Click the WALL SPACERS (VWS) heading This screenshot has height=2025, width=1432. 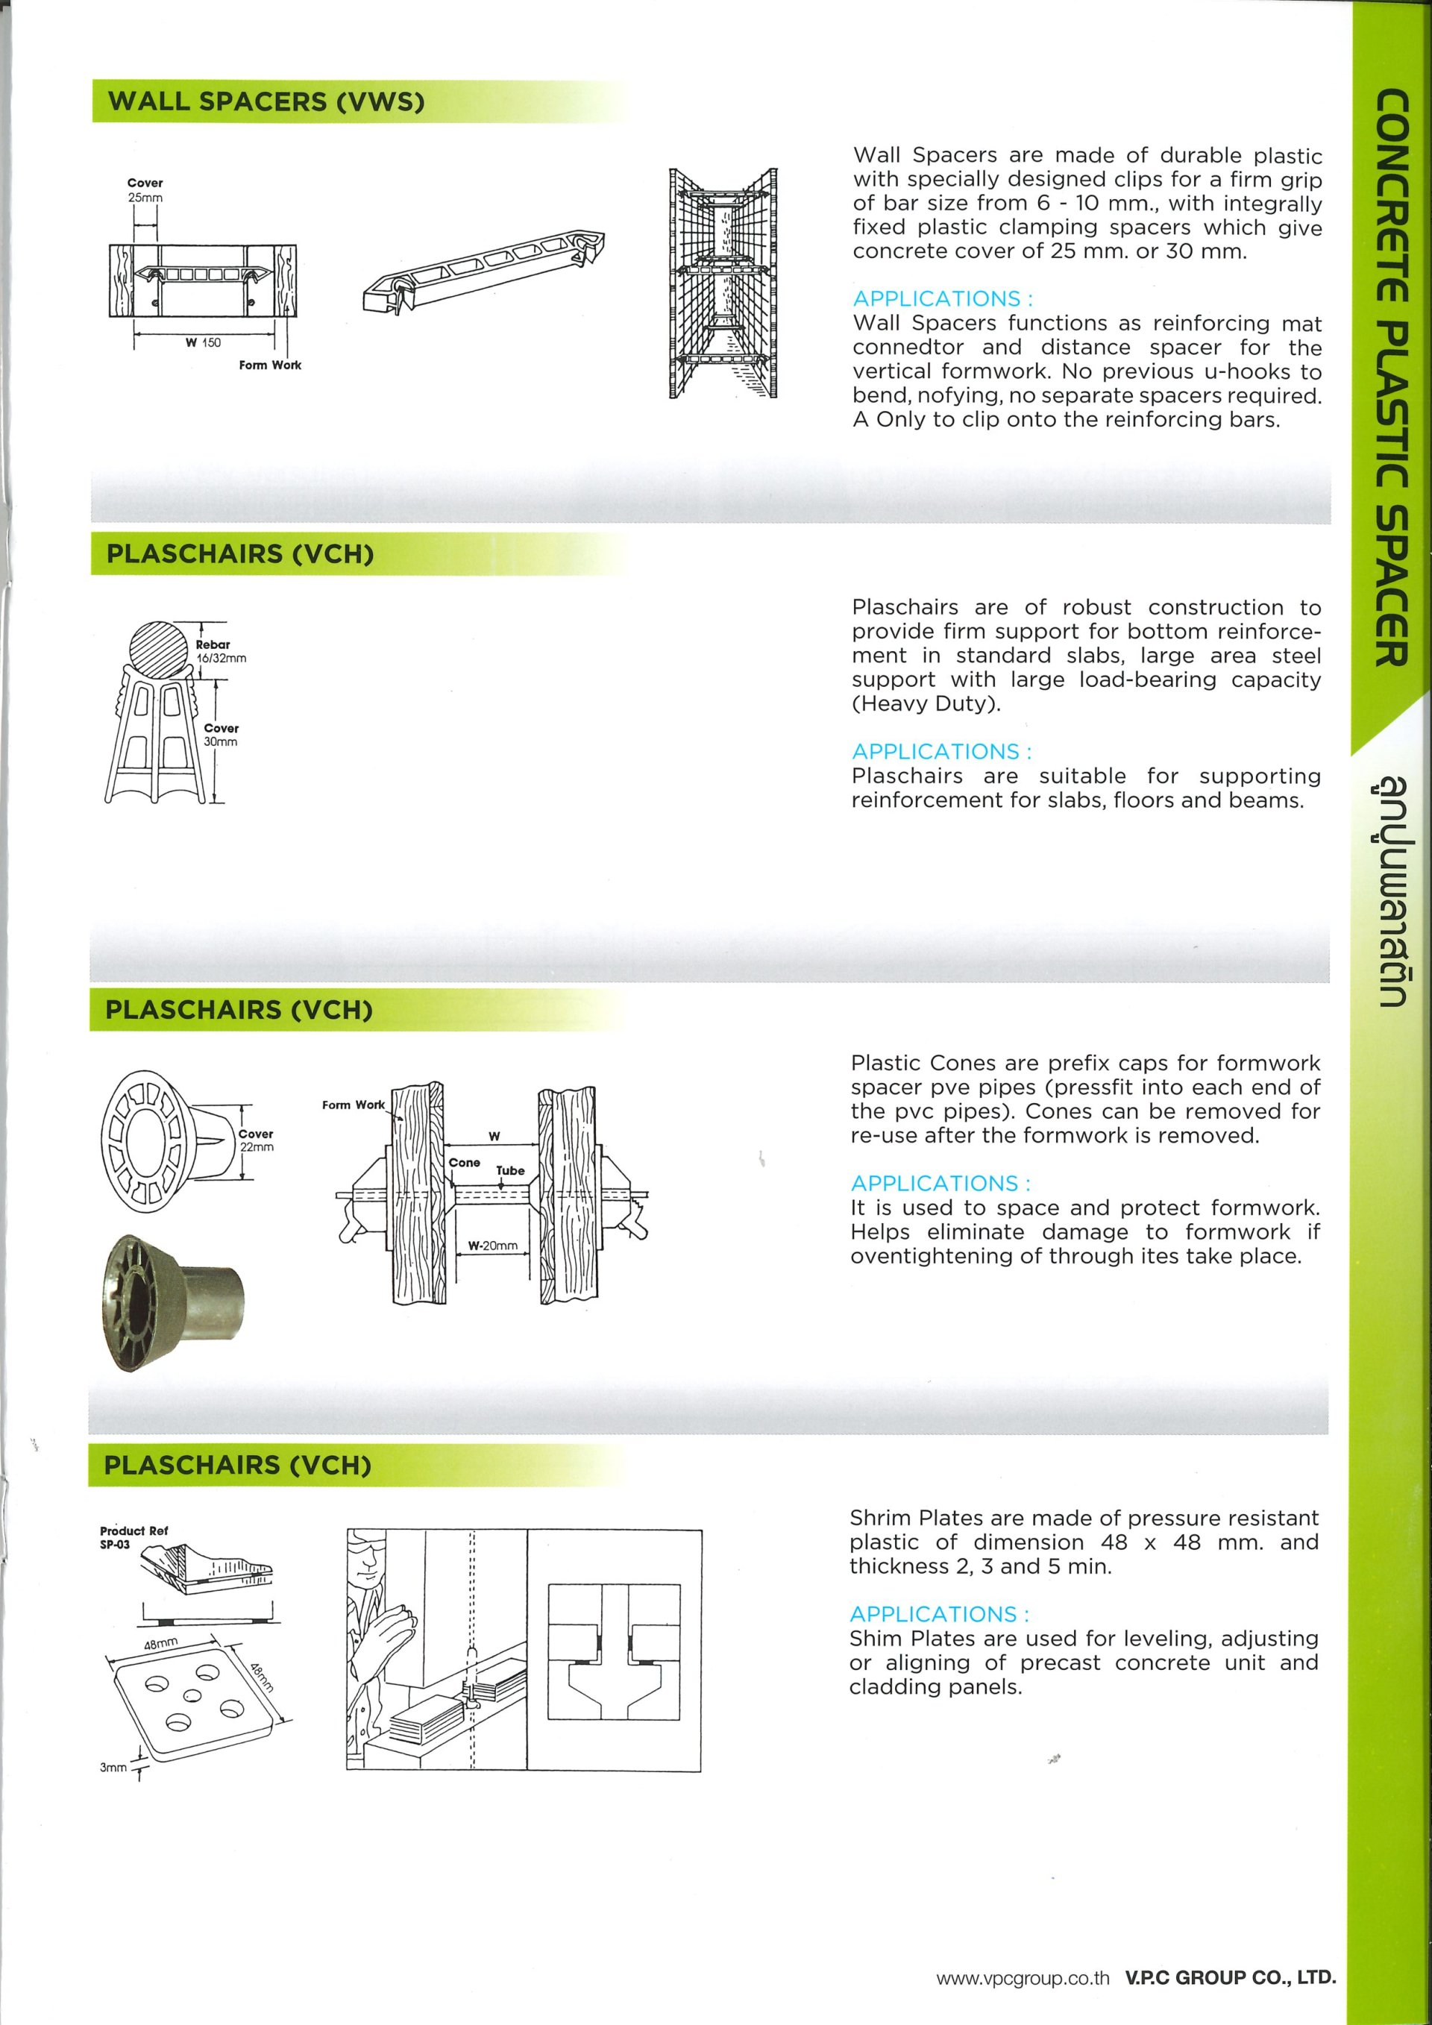click(x=266, y=101)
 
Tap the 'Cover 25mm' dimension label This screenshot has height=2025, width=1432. click(x=145, y=190)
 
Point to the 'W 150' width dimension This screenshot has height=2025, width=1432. click(x=203, y=342)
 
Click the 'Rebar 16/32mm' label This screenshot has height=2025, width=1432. click(x=221, y=651)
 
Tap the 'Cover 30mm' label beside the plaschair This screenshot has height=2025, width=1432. click(x=221, y=735)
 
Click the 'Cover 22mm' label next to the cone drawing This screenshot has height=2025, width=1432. click(x=256, y=1140)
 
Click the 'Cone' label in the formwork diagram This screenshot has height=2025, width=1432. click(x=464, y=1163)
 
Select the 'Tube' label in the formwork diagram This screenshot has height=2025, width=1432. click(x=509, y=1171)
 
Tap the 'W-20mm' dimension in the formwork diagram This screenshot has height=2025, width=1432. click(x=492, y=1246)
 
